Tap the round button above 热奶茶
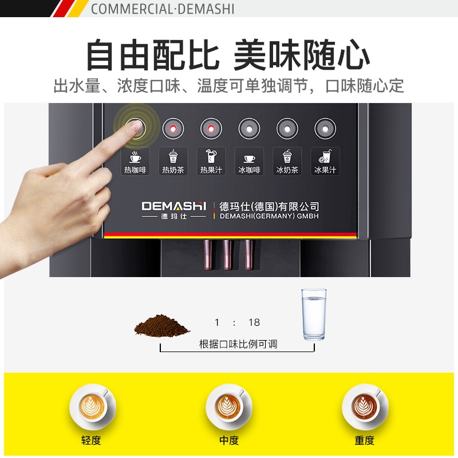point(173,128)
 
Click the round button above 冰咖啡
point(249,128)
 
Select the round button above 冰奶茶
point(287,128)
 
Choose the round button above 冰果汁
point(325,128)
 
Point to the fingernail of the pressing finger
point(135,126)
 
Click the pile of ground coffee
point(162,326)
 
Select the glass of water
point(314,314)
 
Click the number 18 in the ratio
point(254,322)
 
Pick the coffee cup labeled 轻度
point(93,406)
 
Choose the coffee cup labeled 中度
point(228,406)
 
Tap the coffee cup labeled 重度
point(365,406)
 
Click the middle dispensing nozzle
point(228,255)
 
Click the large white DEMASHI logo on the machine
point(174,206)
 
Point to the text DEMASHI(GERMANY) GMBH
point(269,216)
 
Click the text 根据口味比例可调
point(238,344)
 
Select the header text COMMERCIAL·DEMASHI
point(163,9)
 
